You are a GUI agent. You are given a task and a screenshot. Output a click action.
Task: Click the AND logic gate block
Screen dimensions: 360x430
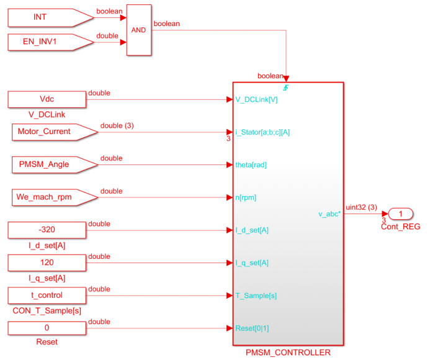pos(138,30)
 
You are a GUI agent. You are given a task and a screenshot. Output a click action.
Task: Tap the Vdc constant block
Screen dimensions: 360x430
pos(47,99)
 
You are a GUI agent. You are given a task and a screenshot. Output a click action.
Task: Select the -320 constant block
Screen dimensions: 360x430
pos(47,230)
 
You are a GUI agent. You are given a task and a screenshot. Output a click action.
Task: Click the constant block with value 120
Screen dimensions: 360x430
pos(47,263)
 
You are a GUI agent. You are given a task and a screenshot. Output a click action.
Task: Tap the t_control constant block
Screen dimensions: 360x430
pos(47,295)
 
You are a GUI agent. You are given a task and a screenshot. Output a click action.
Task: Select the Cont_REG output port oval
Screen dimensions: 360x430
pos(401,214)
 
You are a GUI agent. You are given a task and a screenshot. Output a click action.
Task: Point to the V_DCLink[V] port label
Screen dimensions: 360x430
pos(257,99)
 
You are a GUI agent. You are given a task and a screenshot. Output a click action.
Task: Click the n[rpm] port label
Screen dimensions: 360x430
pos(246,198)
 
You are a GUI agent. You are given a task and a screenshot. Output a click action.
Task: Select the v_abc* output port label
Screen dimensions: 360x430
pos(329,214)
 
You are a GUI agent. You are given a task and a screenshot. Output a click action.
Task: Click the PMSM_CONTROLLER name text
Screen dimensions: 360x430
pos(288,353)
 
